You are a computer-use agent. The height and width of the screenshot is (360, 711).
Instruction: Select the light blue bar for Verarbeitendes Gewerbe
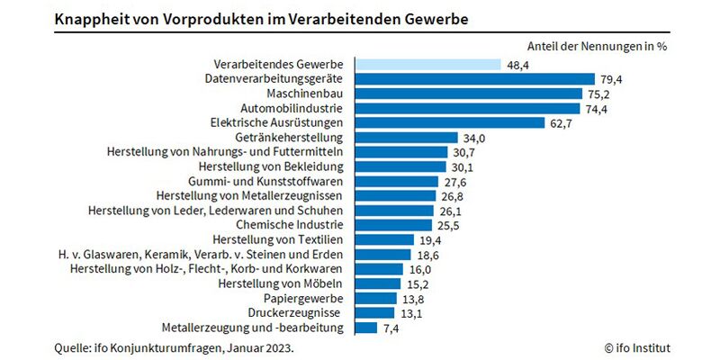click(427, 65)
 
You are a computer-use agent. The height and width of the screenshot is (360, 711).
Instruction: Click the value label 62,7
click(562, 122)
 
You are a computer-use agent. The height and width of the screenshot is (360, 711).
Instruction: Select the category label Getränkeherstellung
click(289, 138)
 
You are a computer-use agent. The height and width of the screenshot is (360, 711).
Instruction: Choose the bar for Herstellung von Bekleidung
click(400, 166)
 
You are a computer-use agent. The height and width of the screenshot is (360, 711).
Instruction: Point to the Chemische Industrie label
click(289, 225)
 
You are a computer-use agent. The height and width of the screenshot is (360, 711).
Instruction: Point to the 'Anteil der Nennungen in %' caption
click(595, 45)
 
